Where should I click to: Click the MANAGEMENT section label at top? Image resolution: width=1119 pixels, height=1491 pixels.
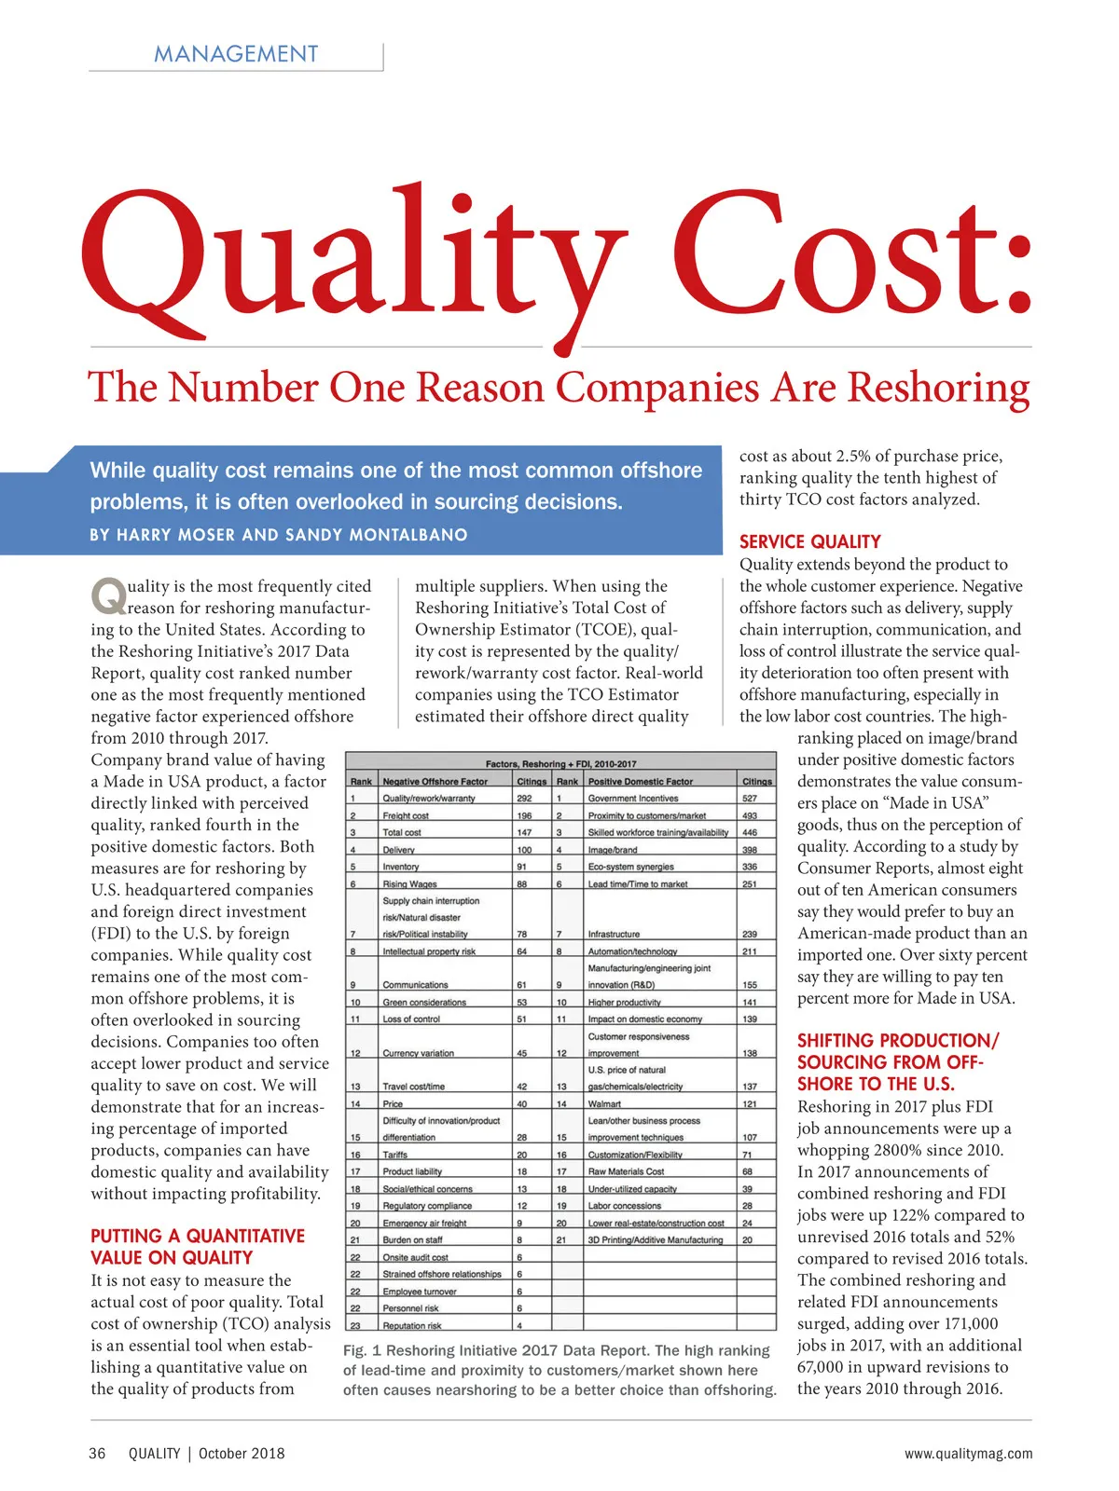tap(236, 54)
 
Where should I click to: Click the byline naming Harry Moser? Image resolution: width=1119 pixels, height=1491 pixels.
tap(279, 535)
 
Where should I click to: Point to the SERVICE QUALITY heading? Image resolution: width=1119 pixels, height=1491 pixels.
tap(809, 541)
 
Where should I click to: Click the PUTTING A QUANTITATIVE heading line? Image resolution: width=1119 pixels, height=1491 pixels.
tap(198, 1236)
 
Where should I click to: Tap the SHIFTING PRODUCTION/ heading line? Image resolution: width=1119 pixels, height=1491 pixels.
tap(897, 1040)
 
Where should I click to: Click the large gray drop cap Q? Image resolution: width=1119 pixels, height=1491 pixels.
tap(108, 596)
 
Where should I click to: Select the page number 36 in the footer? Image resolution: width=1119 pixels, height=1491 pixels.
tap(97, 1453)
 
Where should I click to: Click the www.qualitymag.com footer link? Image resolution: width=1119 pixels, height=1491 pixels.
tap(968, 1453)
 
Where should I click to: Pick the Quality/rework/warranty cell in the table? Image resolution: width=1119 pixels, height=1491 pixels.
tap(428, 799)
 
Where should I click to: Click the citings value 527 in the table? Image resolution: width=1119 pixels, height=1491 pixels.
tap(750, 799)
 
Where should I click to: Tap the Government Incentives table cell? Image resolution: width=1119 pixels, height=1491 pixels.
tap(632, 799)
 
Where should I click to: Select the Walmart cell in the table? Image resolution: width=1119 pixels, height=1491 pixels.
tap(604, 1103)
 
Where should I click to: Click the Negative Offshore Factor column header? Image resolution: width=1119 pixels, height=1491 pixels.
tap(435, 782)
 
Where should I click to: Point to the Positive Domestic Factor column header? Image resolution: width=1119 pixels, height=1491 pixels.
tap(640, 782)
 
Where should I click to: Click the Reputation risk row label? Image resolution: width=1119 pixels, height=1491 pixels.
tap(411, 1325)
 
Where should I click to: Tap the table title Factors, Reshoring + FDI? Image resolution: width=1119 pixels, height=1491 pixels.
tap(560, 763)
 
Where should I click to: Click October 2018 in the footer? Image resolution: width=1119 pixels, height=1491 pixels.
tap(242, 1453)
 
